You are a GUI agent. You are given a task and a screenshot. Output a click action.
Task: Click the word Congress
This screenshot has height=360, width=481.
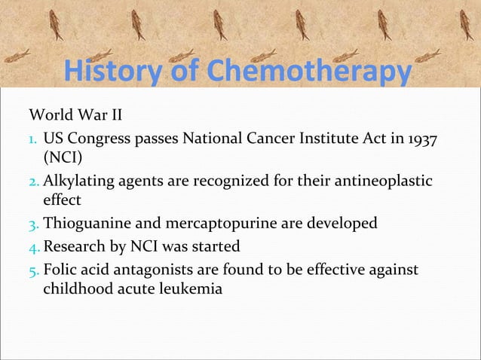coord(103,139)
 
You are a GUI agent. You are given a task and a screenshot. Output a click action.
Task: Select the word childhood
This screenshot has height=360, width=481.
coord(77,287)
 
